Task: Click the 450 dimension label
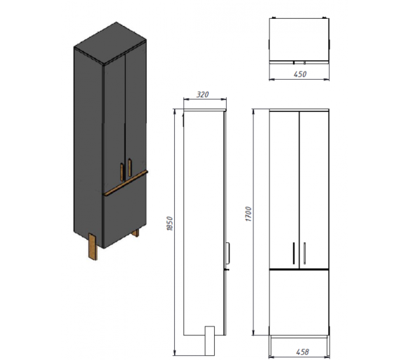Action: pyautogui.click(x=299, y=74)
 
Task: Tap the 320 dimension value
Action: pyautogui.click(x=203, y=95)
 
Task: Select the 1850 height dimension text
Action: pyautogui.click(x=170, y=223)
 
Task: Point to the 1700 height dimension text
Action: pyautogui.click(x=248, y=214)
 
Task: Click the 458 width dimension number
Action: pyautogui.click(x=302, y=352)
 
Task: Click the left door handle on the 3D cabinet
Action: pyautogui.click(x=122, y=172)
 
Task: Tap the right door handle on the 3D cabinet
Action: pyautogui.click(x=129, y=167)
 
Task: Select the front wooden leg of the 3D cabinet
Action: pyautogui.click(x=93, y=247)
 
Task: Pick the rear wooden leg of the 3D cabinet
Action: pyautogui.click(x=136, y=233)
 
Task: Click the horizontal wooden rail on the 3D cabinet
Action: pyautogui.click(x=126, y=183)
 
